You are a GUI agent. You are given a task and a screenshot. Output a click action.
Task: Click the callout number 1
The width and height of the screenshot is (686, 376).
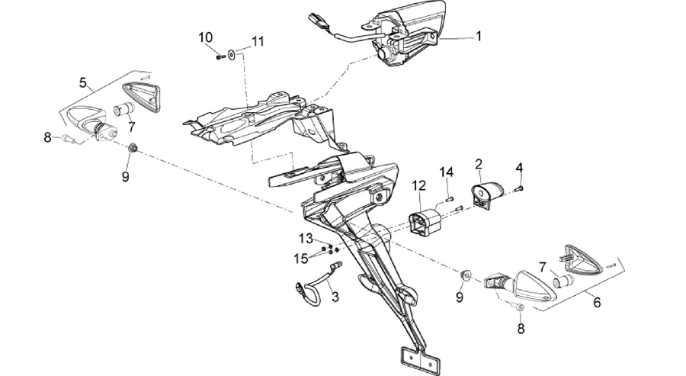(x=479, y=37)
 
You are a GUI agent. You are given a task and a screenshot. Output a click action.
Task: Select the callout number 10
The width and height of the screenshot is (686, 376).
(x=205, y=37)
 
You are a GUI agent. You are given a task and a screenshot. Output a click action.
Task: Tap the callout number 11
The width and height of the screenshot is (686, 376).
(x=258, y=42)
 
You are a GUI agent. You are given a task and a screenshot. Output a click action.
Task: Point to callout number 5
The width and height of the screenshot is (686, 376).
(x=83, y=82)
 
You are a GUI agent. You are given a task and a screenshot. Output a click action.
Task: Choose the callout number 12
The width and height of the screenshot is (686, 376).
(x=418, y=185)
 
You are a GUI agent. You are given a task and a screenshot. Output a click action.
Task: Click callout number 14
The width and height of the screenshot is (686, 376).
(x=447, y=172)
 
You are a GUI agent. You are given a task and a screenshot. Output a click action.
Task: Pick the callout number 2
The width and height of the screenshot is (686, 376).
(x=479, y=164)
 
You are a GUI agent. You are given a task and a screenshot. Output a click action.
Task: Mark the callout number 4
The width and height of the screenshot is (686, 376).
(x=519, y=168)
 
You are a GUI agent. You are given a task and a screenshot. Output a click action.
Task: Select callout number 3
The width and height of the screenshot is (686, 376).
(x=335, y=297)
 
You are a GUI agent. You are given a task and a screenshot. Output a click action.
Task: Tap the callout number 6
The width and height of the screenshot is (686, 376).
(x=597, y=302)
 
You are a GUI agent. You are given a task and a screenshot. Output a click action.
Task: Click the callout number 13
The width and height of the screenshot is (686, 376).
(x=306, y=239)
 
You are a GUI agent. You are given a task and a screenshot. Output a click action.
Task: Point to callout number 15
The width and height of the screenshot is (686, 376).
(x=301, y=259)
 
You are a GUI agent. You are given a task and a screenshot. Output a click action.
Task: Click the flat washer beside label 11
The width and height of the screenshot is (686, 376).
(x=231, y=55)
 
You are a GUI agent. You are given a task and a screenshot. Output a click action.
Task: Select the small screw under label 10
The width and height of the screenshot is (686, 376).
(x=220, y=56)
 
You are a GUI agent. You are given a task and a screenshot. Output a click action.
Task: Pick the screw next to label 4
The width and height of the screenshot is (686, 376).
(x=520, y=188)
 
